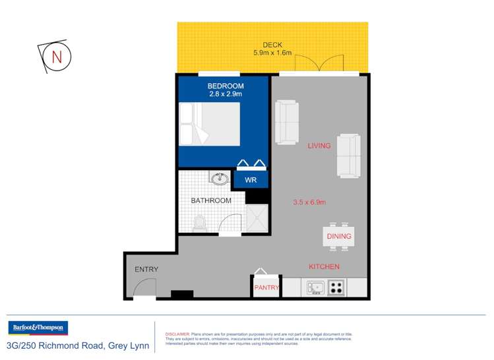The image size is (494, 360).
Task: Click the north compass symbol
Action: [x=56, y=57]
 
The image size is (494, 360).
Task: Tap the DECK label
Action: [x=273, y=45]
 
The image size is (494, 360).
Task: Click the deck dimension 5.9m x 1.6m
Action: [x=273, y=53]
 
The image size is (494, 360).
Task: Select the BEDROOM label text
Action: [x=226, y=86]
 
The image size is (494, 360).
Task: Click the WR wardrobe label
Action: [x=251, y=180]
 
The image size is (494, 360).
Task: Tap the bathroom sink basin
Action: [x=220, y=179]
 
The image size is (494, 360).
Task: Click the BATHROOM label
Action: [x=211, y=200]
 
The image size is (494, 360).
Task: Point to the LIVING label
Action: [x=319, y=146]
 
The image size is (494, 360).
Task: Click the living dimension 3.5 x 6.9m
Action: [x=310, y=202]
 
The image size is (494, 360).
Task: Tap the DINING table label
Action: [x=339, y=236]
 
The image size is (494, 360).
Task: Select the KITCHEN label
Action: [x=324, y=266]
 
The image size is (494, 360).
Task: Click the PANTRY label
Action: [x=266, y=287]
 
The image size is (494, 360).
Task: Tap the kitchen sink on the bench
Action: [x=315, y=287]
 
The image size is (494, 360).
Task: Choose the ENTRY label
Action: [x=146, y=269]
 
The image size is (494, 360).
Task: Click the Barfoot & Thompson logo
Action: [x=38, y=328]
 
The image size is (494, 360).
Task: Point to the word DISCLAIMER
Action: [x=177, y=334]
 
